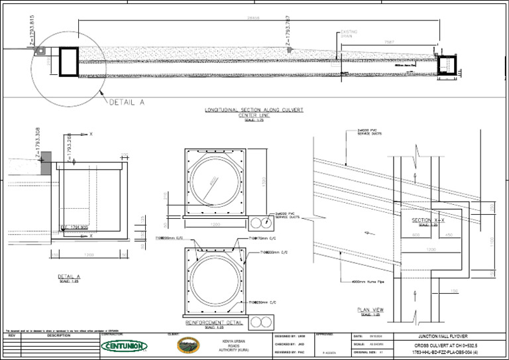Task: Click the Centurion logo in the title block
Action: point(124,345)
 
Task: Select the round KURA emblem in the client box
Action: point(188,345)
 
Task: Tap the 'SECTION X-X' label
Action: point(424,220)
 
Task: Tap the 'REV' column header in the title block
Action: point(11,336)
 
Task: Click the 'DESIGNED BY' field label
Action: point(285,337)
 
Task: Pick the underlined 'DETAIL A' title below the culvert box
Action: point(68,276)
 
